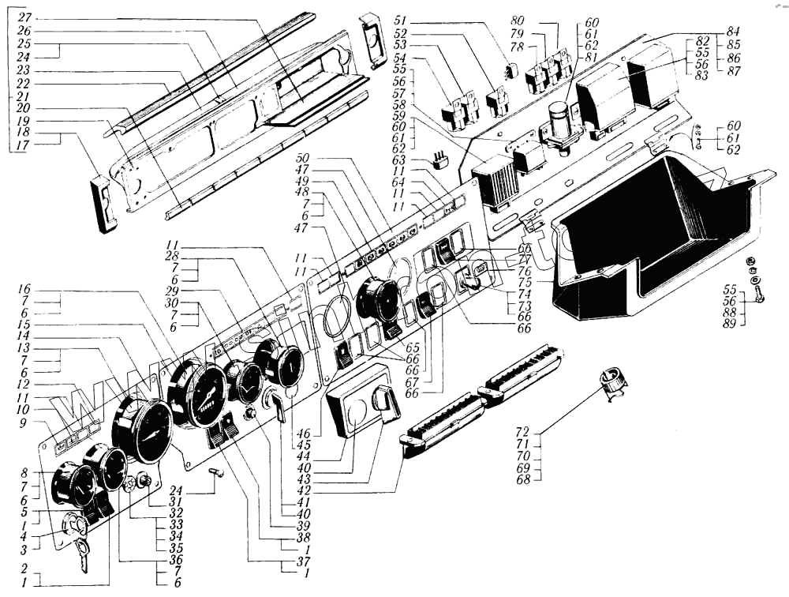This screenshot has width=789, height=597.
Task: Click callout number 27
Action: (x=24, y=17)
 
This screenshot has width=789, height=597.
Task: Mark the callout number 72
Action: (x=523, y=433)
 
